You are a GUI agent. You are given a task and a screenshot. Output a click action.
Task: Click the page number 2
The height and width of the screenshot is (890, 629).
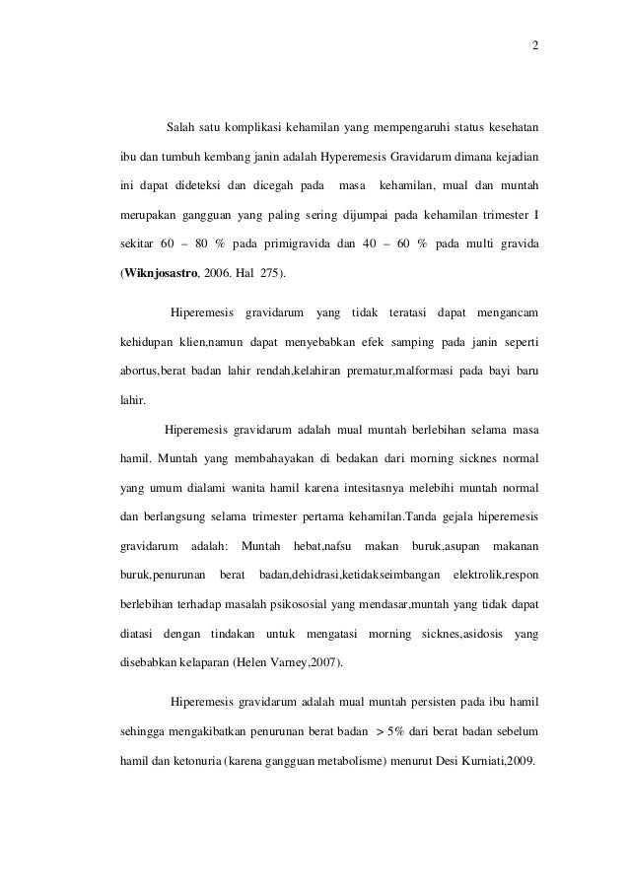(x=534, y=47)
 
